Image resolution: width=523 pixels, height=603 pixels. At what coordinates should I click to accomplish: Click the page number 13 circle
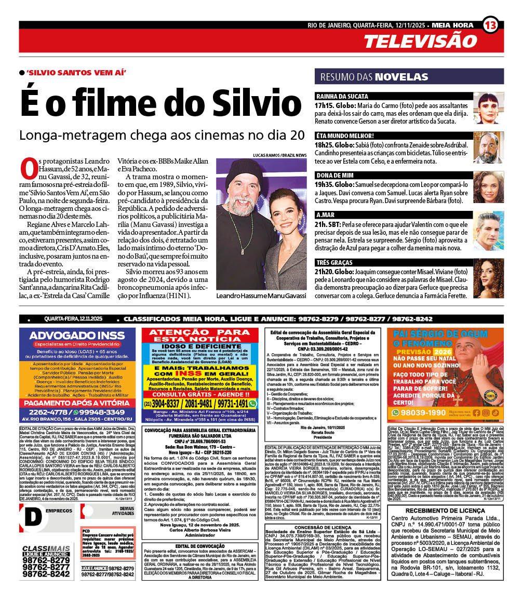[490, 24]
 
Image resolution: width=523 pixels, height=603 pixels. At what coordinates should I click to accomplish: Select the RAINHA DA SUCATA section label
[342, 97]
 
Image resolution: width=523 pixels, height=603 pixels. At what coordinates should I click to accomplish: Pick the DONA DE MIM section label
[336, 176]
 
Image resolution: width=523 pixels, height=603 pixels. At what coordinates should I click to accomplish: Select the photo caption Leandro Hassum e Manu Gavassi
[261, 296]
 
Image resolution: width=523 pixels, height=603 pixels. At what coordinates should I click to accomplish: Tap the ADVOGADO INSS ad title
[77, 336]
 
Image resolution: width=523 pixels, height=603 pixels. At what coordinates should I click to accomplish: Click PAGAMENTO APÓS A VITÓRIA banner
[77, 402]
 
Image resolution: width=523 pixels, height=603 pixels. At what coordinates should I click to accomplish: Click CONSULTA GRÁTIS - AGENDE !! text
[199, 394]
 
